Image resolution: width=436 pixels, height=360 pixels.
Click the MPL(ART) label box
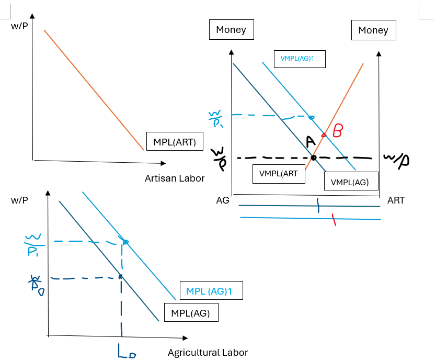[x=175, y=141]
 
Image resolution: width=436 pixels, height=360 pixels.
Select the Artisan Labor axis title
[x=175, y=178]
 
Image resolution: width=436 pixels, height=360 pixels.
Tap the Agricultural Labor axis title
[x=208, y=352]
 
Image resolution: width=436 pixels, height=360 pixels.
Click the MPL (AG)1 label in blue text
[x=211, y=290]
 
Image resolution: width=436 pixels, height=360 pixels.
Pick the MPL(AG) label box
[x=190, y=313]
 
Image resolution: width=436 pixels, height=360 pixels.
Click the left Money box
[x=231, y=30]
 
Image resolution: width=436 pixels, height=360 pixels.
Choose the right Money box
[x=373, y=30]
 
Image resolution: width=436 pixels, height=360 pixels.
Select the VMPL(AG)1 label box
[x=300, y=59]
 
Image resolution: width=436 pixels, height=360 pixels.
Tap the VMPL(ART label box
[x=278, y=174]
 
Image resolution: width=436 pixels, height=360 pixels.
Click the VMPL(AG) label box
[x=350, y=182]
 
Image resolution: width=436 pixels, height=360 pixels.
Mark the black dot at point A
[x=313, y=157]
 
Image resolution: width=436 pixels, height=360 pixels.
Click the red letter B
[x=338, y=131]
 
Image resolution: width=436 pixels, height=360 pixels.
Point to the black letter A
[x=310, y=141]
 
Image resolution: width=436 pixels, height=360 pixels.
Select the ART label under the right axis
[x=396, y=200]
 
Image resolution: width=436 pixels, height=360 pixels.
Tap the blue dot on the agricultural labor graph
[x=125, y=241]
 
